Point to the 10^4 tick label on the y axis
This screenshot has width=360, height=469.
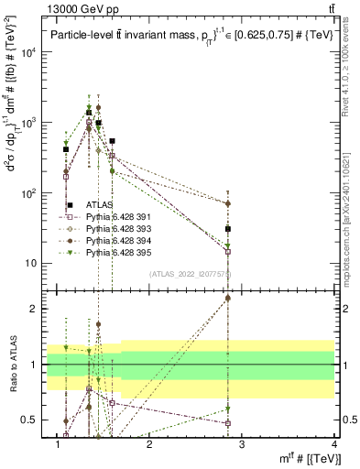[x=30, y=52]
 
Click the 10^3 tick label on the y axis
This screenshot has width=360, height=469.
[x=30, y=123]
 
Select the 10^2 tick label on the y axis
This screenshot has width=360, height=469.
[x=30, y=193]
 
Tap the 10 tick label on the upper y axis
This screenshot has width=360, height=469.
[x=33, y=264]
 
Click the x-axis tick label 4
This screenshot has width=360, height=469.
[x=334, y=445]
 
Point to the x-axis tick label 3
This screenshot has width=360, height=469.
[x=242, y=445]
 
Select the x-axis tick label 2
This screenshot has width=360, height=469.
[x=149, y=445]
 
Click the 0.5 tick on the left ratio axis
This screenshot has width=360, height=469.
[x=28, y=420]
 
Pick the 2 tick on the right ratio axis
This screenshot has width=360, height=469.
[x=343, y=309]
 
